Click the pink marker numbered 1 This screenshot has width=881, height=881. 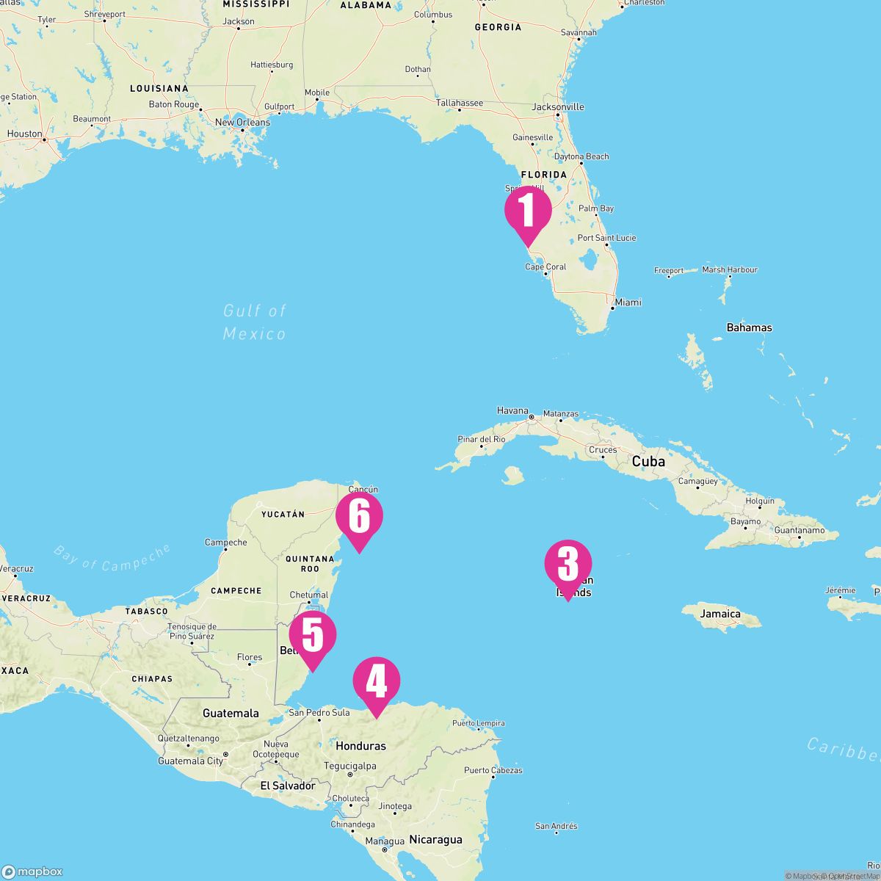527,211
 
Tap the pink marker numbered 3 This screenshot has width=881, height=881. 568,565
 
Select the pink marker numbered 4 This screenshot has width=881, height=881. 377,682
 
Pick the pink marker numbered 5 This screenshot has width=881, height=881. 312,636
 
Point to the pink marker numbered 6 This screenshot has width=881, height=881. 359,517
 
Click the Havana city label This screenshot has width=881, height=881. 512,410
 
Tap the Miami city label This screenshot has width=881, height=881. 628,302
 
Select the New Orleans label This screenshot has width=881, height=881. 242,122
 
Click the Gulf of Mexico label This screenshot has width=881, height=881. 254,322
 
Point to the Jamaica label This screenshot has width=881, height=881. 720,614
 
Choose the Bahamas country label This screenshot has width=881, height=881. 749,327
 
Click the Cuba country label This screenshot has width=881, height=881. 648,462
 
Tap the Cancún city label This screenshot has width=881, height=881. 363,489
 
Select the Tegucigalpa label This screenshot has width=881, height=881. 350,766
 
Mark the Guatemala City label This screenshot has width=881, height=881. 190,761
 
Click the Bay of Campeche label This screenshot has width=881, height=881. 112,557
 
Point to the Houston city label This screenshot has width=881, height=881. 25,134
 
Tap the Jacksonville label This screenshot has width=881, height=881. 558,107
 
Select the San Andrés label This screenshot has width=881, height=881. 556,827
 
